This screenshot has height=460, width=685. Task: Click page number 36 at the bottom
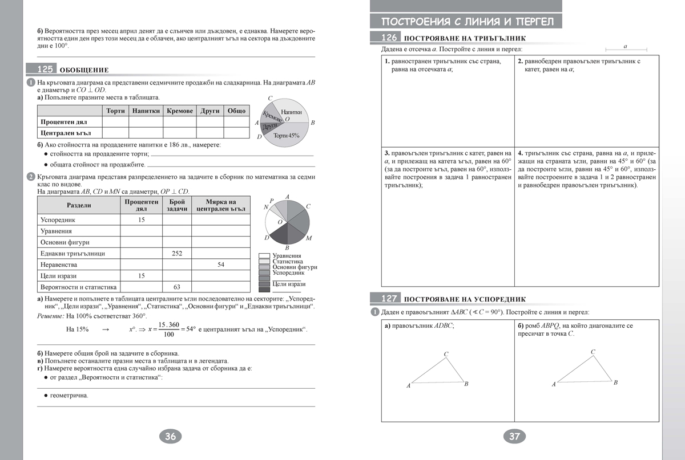point(170,437)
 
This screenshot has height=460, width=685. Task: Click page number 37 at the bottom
point(514,437)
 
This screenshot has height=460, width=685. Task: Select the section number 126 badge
point(385,38)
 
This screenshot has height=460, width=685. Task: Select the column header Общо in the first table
point(236,111)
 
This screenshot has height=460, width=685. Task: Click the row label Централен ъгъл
point(63,133)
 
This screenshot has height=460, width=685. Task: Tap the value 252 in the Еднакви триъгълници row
point(176,253)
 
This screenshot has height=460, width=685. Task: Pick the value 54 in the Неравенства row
point(221,264)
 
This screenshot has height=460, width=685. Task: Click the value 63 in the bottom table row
point(176,287)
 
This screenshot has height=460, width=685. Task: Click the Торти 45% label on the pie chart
point(286,136)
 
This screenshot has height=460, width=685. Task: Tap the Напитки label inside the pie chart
point(291,112)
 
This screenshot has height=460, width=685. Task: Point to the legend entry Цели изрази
point(289,284)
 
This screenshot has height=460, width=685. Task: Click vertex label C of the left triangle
point(446,355)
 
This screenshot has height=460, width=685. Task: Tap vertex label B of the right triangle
point(615,382)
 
